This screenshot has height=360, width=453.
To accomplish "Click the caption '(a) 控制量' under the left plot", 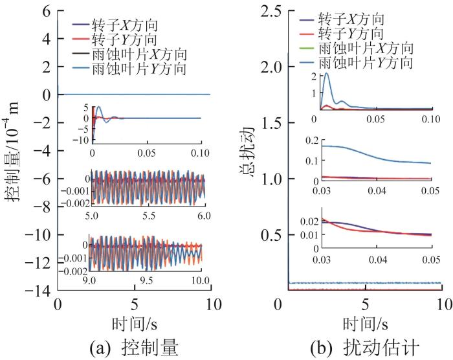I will pos(135,347).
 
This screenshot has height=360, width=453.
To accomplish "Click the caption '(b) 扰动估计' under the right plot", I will pos(366,347).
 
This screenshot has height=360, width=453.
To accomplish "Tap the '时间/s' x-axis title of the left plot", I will pos(135,323).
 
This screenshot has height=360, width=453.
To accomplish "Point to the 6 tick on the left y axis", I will pos(46,12).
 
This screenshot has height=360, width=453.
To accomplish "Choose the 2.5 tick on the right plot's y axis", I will pos(270,12).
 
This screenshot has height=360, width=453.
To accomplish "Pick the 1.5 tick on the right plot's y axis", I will pos(270,123).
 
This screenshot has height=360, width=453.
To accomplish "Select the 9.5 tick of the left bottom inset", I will pos(146,282).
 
